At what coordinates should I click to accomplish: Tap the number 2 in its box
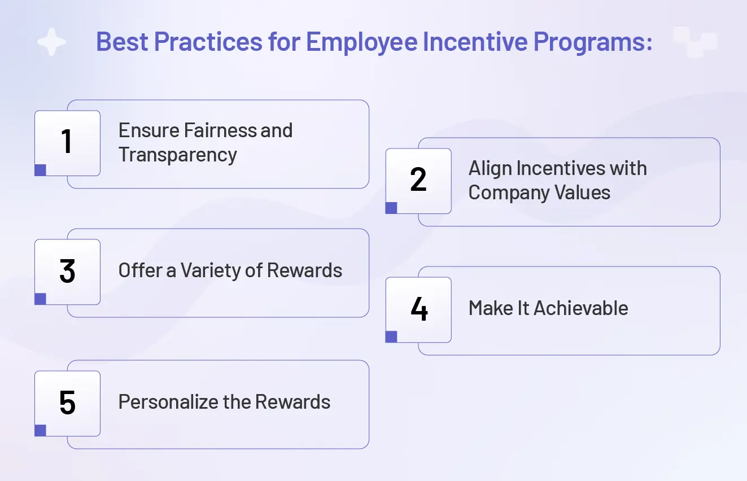pyautogui.click(x=418, y=180)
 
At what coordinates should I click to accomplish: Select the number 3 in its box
pyautogui.click(x=67, y=271)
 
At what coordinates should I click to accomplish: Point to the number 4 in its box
pyautogui.click(x=419, y=309)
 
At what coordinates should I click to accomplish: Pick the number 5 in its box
pyautogui.click(x=67, y=403)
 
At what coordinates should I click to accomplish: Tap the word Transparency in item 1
pyautogui.click(x=177, y=155)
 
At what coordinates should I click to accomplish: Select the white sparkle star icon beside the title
pyautogui.click(x=52, y=42)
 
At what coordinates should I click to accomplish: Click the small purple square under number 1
pyautogui.click(x=40, y=170)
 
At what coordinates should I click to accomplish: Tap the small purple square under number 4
pyautogui.click(x=391, y=337)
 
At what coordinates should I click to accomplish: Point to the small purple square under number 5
pyautogui.click(x=40, y=431)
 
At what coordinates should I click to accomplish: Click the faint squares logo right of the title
pyautogui.click(x=694, y=42)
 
